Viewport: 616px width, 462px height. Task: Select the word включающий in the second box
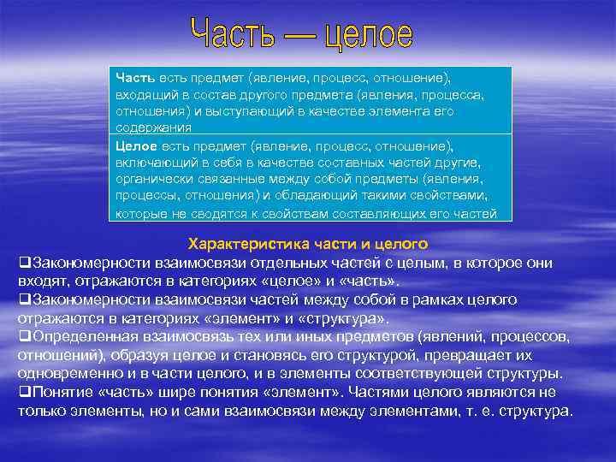pos(152,163)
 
